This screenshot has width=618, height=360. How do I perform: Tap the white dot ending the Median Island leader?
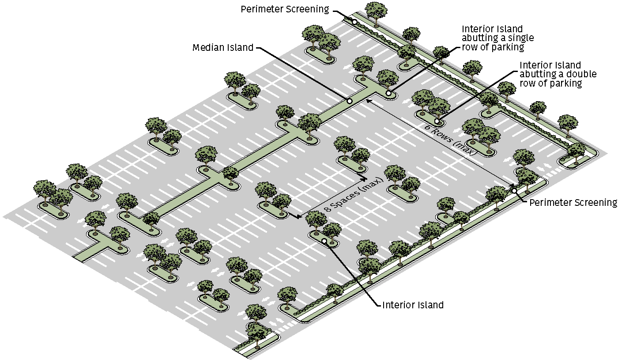[x=349, y=101]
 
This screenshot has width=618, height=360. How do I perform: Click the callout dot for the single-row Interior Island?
[x=388, y=93]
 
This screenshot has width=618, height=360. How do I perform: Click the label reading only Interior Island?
[x=413, y=305]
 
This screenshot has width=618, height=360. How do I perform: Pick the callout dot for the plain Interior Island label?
[x=324, y=241]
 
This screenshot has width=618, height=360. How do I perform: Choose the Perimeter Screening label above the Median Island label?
[x=285, y=9]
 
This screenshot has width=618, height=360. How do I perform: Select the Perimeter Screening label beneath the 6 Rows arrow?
[x=573, y=203]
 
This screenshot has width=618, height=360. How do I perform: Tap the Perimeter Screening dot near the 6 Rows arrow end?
[x=514, y=190]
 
